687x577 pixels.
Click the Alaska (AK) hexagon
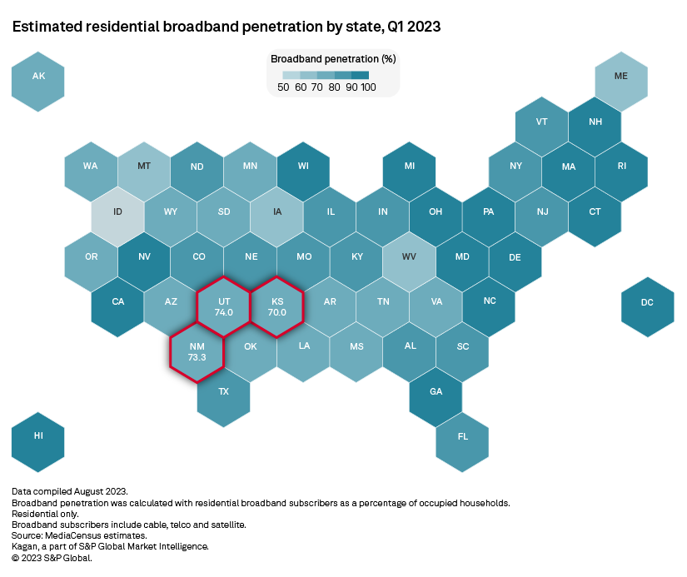38,80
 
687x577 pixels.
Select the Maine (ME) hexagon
621,80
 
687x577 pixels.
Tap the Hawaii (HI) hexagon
38,441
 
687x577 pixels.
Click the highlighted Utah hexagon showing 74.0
224,306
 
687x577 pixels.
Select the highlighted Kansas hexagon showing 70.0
276,306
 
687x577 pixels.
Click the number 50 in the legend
284,87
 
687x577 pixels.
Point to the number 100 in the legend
367,87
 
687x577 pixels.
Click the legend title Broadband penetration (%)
332,59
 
